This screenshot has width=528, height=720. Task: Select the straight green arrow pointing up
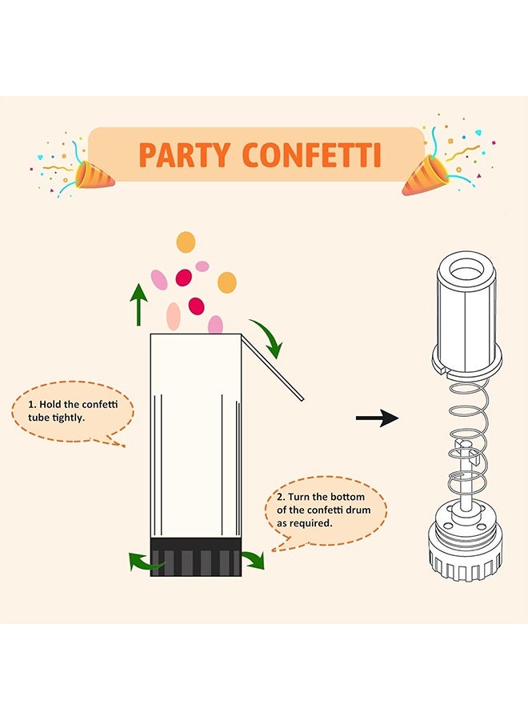[140, 305]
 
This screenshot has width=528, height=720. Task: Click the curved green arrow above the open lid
[267, 337]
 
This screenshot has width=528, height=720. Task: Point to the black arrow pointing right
[377, 418]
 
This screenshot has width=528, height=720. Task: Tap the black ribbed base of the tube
[196, 557]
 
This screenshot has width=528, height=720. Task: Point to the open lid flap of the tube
[273, 367]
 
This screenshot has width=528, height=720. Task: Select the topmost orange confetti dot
[186, 242]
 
